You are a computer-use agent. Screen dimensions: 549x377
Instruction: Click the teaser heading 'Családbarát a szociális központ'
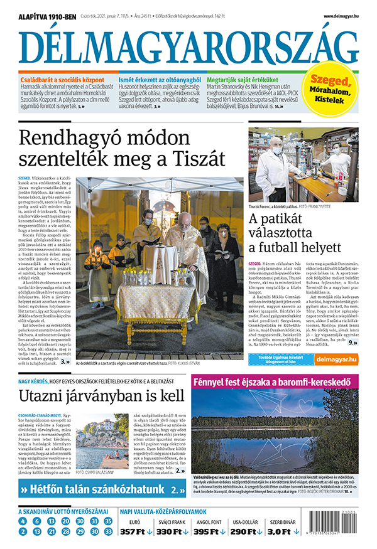point(61,81)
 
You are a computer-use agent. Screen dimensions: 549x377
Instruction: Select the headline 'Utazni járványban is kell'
point(102,396)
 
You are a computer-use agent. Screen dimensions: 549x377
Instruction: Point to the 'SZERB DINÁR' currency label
point(282,521)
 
